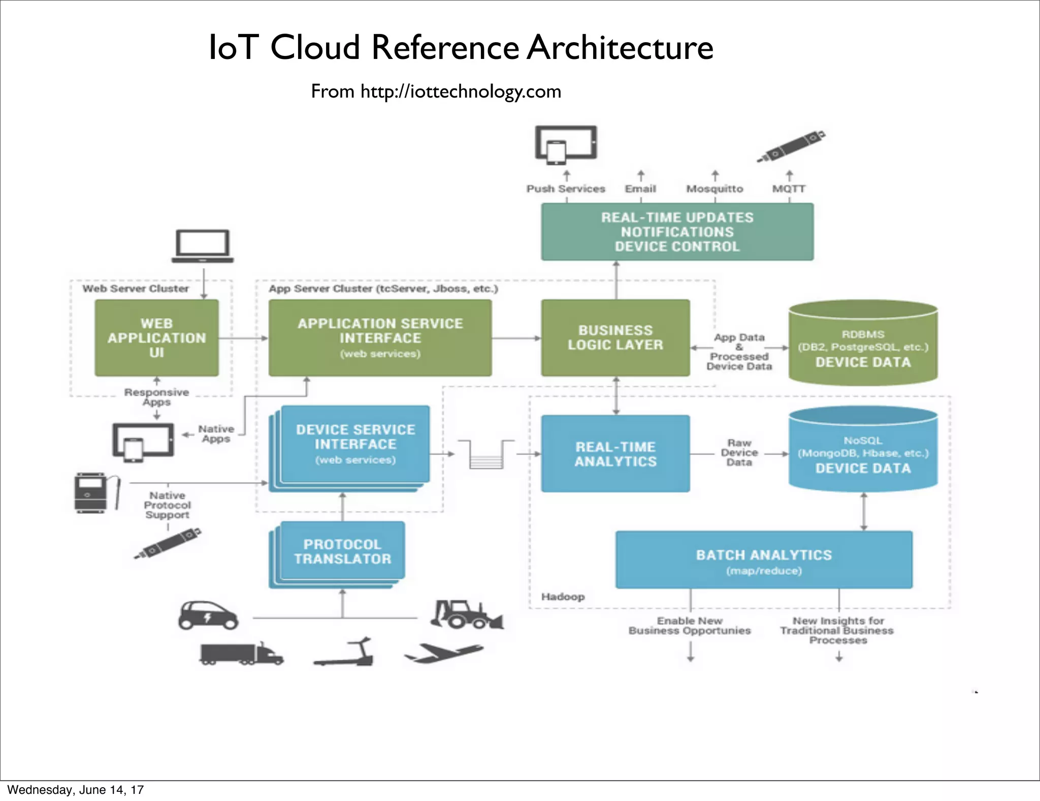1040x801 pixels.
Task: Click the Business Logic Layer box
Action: [x=615, y=337]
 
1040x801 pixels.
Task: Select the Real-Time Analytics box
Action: [x=615, y=453]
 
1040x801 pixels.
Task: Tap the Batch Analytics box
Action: [x=764, y=560]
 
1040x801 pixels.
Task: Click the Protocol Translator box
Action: [x=342, y=551]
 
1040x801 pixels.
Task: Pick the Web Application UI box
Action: [x=156, y=337]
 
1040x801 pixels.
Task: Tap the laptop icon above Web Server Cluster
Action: [x=203, y=246]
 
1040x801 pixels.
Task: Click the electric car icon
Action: [x=208, y=615]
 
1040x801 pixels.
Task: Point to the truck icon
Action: [x=241, y=654]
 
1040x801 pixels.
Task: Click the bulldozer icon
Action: [x=466, y=614]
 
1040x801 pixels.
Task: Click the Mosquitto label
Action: [x=714, y=189]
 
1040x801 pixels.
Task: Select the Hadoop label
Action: [x=563, y=597]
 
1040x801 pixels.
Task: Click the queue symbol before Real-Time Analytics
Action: [x=486, y=454]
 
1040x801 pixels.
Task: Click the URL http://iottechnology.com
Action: [x=461, y=91]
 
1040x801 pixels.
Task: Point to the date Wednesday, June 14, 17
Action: [x=76, y=789]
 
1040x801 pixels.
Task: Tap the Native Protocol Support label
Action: [x=167, y=505]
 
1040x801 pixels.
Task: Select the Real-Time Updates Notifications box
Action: [x=677, y=232]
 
